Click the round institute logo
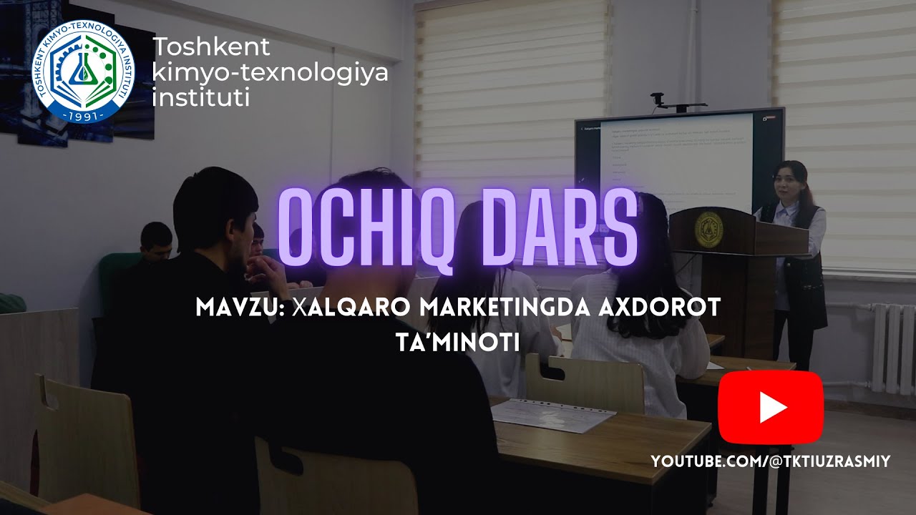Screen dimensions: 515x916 tap(84, 72)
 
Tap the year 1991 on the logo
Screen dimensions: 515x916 tap(84, 114)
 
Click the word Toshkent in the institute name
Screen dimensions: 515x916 tap(212, 47)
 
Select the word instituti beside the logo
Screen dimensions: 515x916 tap(201, 97)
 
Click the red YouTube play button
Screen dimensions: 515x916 tap(771, 407)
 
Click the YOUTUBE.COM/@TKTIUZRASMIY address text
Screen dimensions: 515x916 tap(771, 462)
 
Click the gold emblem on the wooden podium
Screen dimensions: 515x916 tap(708, 229)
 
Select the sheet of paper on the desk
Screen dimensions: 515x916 tap(553, 414)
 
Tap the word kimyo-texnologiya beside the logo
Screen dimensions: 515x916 tap(271, 72)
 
